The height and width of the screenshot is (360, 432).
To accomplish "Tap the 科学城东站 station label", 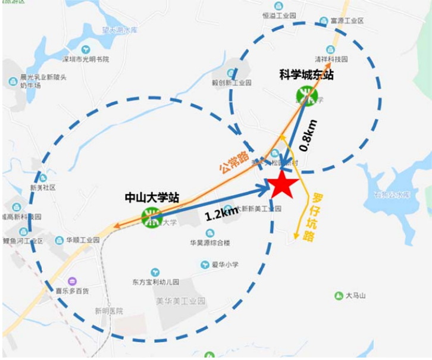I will [306, 75].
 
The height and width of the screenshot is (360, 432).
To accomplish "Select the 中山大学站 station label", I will [152, 196].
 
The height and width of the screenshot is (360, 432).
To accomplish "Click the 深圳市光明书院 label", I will [86, 60].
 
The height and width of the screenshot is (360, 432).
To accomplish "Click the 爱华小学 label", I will [224, 264].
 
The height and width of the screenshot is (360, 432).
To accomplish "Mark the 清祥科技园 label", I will [331, 60].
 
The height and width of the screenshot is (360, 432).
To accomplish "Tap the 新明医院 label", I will [108, 311].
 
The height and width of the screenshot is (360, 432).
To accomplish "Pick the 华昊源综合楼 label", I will [210, 243].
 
